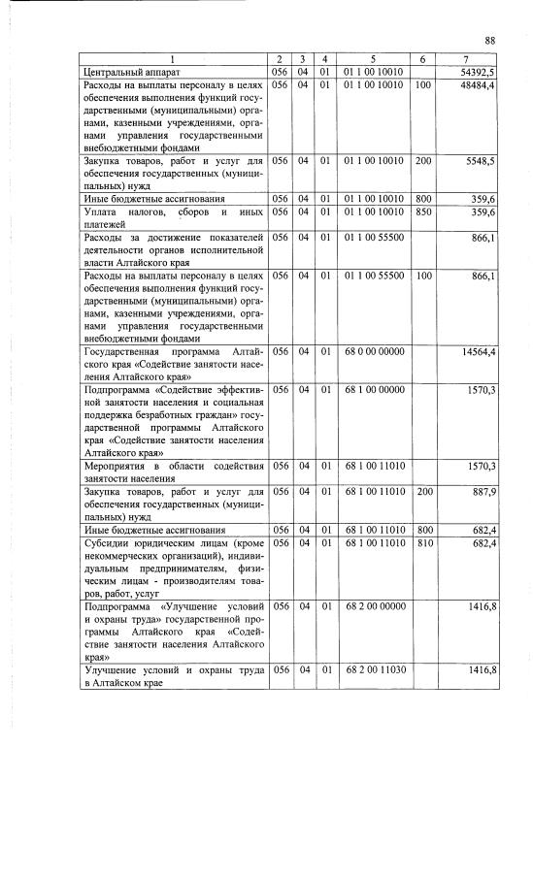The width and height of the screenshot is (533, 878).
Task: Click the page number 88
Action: coord(490,40)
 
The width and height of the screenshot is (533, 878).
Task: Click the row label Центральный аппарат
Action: coord(132,73)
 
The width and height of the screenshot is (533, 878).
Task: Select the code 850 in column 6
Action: coord(422,211)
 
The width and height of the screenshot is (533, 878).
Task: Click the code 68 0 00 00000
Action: coord(373,351)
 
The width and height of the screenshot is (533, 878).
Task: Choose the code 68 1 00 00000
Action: coord(373,389)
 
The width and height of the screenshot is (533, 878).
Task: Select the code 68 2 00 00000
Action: coord(373,606)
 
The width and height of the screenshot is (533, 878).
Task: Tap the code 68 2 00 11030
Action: coord(373,670)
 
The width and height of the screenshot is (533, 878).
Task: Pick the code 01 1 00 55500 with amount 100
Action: coord(373,276)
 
